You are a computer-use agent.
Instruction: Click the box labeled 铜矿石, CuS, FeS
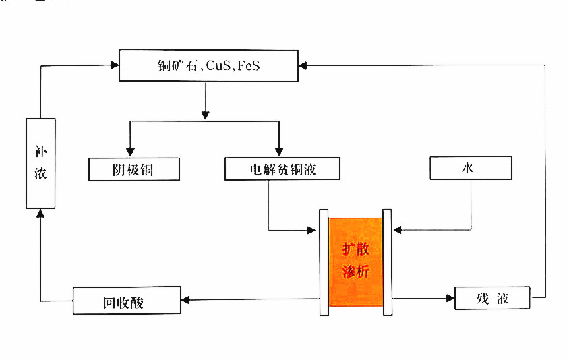pyautogui.click(x=208, y=67)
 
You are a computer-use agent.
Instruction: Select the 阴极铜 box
pyautogui.click(x=134, y=169)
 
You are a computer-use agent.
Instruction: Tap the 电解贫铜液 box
pyautogui.click(x=282, y=169)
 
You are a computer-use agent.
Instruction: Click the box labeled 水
pyautogui.click(x=471, y=168)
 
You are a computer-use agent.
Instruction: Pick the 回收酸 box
pyautogui.click(x=127, y=301)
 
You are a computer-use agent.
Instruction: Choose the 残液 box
pyautogui.click(x=492, y=298)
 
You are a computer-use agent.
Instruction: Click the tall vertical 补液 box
pyautogui.click(x=40, y=163)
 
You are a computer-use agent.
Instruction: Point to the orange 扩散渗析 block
pyautogui.click(x=355, y=265)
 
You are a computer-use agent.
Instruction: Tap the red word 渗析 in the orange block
pyautogui.click(x=355, y=273)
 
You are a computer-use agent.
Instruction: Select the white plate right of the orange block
pyautogui.click(x=387, y=262)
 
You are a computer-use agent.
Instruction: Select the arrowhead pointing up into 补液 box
pyautogui.click(x=40, y=213)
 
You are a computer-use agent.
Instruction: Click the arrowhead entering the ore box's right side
pyautogui.click(x=303, y=65)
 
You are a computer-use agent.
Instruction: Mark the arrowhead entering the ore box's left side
pyautogui.click(x=114, y=65)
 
